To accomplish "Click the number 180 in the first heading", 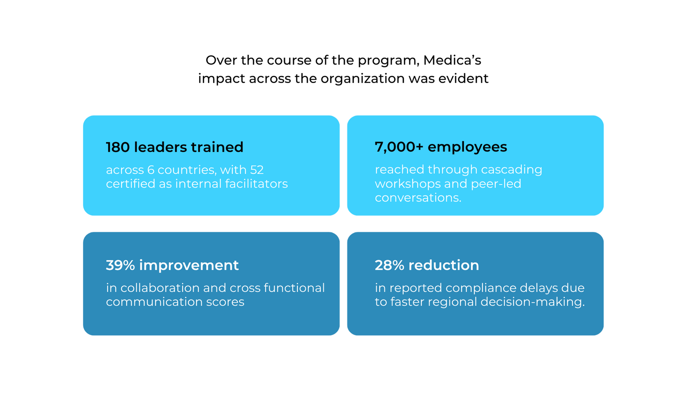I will click(x=118, y=147).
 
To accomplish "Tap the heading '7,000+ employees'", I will click(x=441, y=147).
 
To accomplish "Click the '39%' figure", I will click(x=120, y=265).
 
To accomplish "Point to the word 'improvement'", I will click(x=189, y=265).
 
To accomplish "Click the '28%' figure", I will click(x=389, y=265).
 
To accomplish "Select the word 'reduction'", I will click(x=443, y=265).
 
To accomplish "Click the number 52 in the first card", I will click(x=257, y=170).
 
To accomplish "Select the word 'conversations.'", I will click(x=418, y=198).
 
